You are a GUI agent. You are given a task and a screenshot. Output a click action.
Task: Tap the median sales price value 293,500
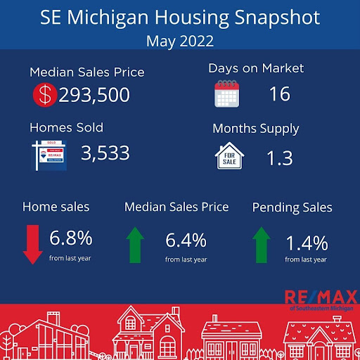click(x=94, y=95)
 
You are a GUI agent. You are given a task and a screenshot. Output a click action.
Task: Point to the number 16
click(x=279, y=94)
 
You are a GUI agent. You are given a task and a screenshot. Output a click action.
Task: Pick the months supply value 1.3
click(x=280, y=158)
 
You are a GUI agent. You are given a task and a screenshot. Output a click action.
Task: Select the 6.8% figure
click(x=70, y=239)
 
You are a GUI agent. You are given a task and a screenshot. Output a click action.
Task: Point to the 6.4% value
click(x=186, y=240)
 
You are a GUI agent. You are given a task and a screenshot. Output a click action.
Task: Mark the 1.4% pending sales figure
click(x=307, y=243)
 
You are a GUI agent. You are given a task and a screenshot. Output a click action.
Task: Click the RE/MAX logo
click(x=316, y=297)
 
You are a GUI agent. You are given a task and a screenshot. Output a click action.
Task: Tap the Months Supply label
click(x=256, y=129)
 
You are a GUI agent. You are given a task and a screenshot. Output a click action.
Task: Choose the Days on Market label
click(x=256, y=68)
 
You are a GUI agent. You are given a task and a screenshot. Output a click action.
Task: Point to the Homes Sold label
click(x=66, y=127)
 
